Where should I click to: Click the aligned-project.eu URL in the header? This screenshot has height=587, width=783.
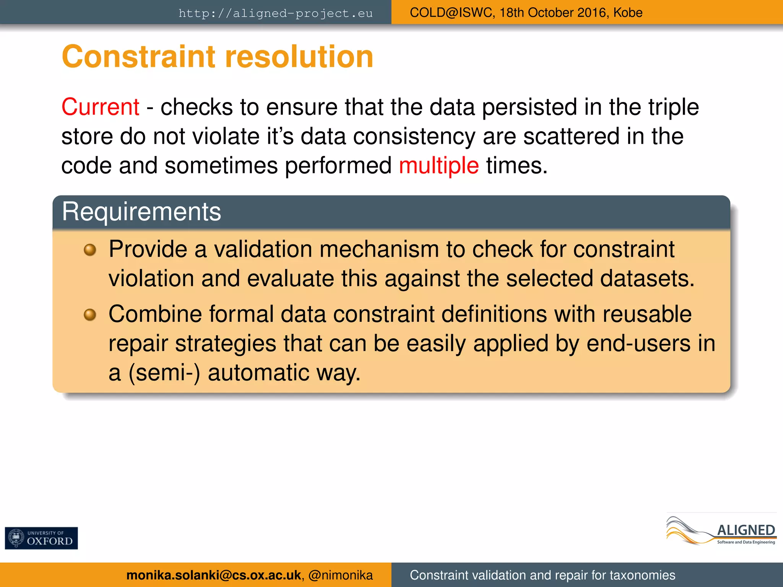coord(275,13)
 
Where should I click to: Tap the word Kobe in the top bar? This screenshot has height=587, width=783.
coord(628,13)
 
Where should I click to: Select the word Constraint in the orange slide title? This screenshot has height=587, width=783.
coord(138,57)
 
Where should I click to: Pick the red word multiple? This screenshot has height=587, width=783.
coord(439,165)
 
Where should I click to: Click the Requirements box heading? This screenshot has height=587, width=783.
coord(141,211)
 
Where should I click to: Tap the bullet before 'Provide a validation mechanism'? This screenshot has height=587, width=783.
coord(90,250)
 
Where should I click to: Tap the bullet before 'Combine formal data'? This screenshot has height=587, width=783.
coord(90,315)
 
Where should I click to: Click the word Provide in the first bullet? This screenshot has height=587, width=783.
coord(148,249)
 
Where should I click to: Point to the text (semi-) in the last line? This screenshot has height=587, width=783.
coord(164,373)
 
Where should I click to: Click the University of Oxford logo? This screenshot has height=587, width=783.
coord(41,538)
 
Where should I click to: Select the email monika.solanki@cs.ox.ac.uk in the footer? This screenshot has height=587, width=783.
coord(213,575)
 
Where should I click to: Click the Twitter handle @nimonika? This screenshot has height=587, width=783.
coord(340,575)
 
